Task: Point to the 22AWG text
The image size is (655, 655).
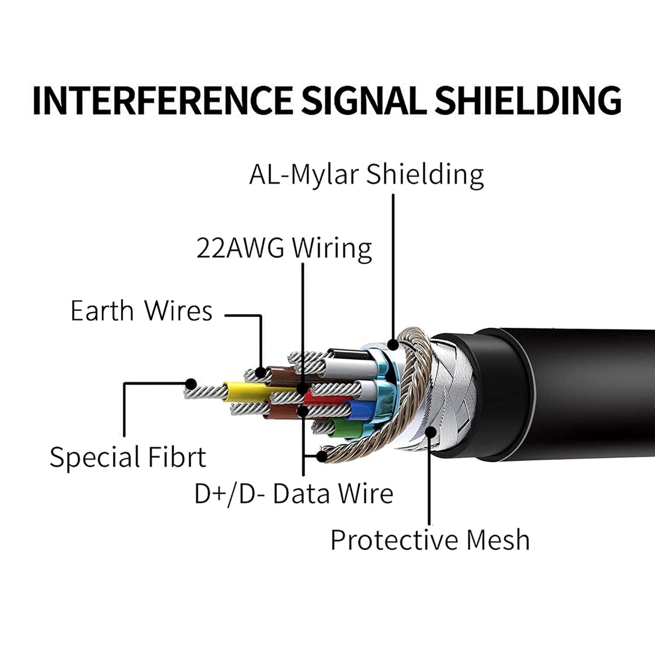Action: (x=240, y=248)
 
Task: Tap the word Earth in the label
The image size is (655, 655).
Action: (x=102, y=311)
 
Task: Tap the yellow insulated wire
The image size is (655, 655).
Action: (x=245, y=389)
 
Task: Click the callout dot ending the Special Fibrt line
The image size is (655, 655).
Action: (x=191, y=384)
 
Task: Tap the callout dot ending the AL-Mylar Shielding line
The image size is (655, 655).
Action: (x=393, y=344)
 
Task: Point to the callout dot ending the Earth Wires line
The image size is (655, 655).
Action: (x=261, y=373)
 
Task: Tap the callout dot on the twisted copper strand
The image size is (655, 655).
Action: (x=321, y=456)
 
